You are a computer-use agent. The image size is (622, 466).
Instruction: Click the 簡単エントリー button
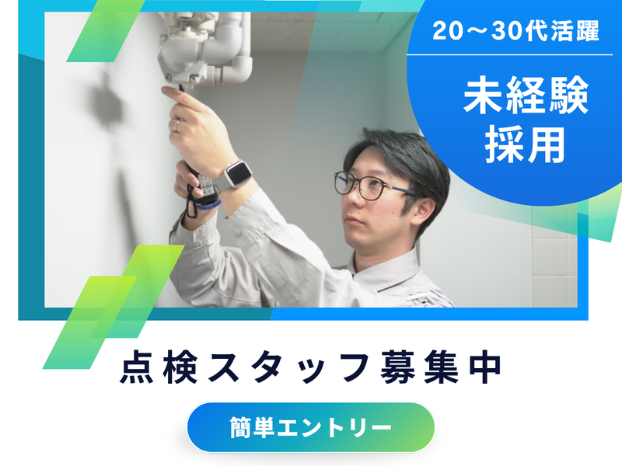coord(310,426)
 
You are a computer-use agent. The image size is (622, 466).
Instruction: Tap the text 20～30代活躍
coord(516,33)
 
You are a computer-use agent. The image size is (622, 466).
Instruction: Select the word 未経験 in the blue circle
coord(526,99)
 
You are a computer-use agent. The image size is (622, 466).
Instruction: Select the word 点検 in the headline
coord(153,369)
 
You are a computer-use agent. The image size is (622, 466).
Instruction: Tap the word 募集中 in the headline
coord(439,369)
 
